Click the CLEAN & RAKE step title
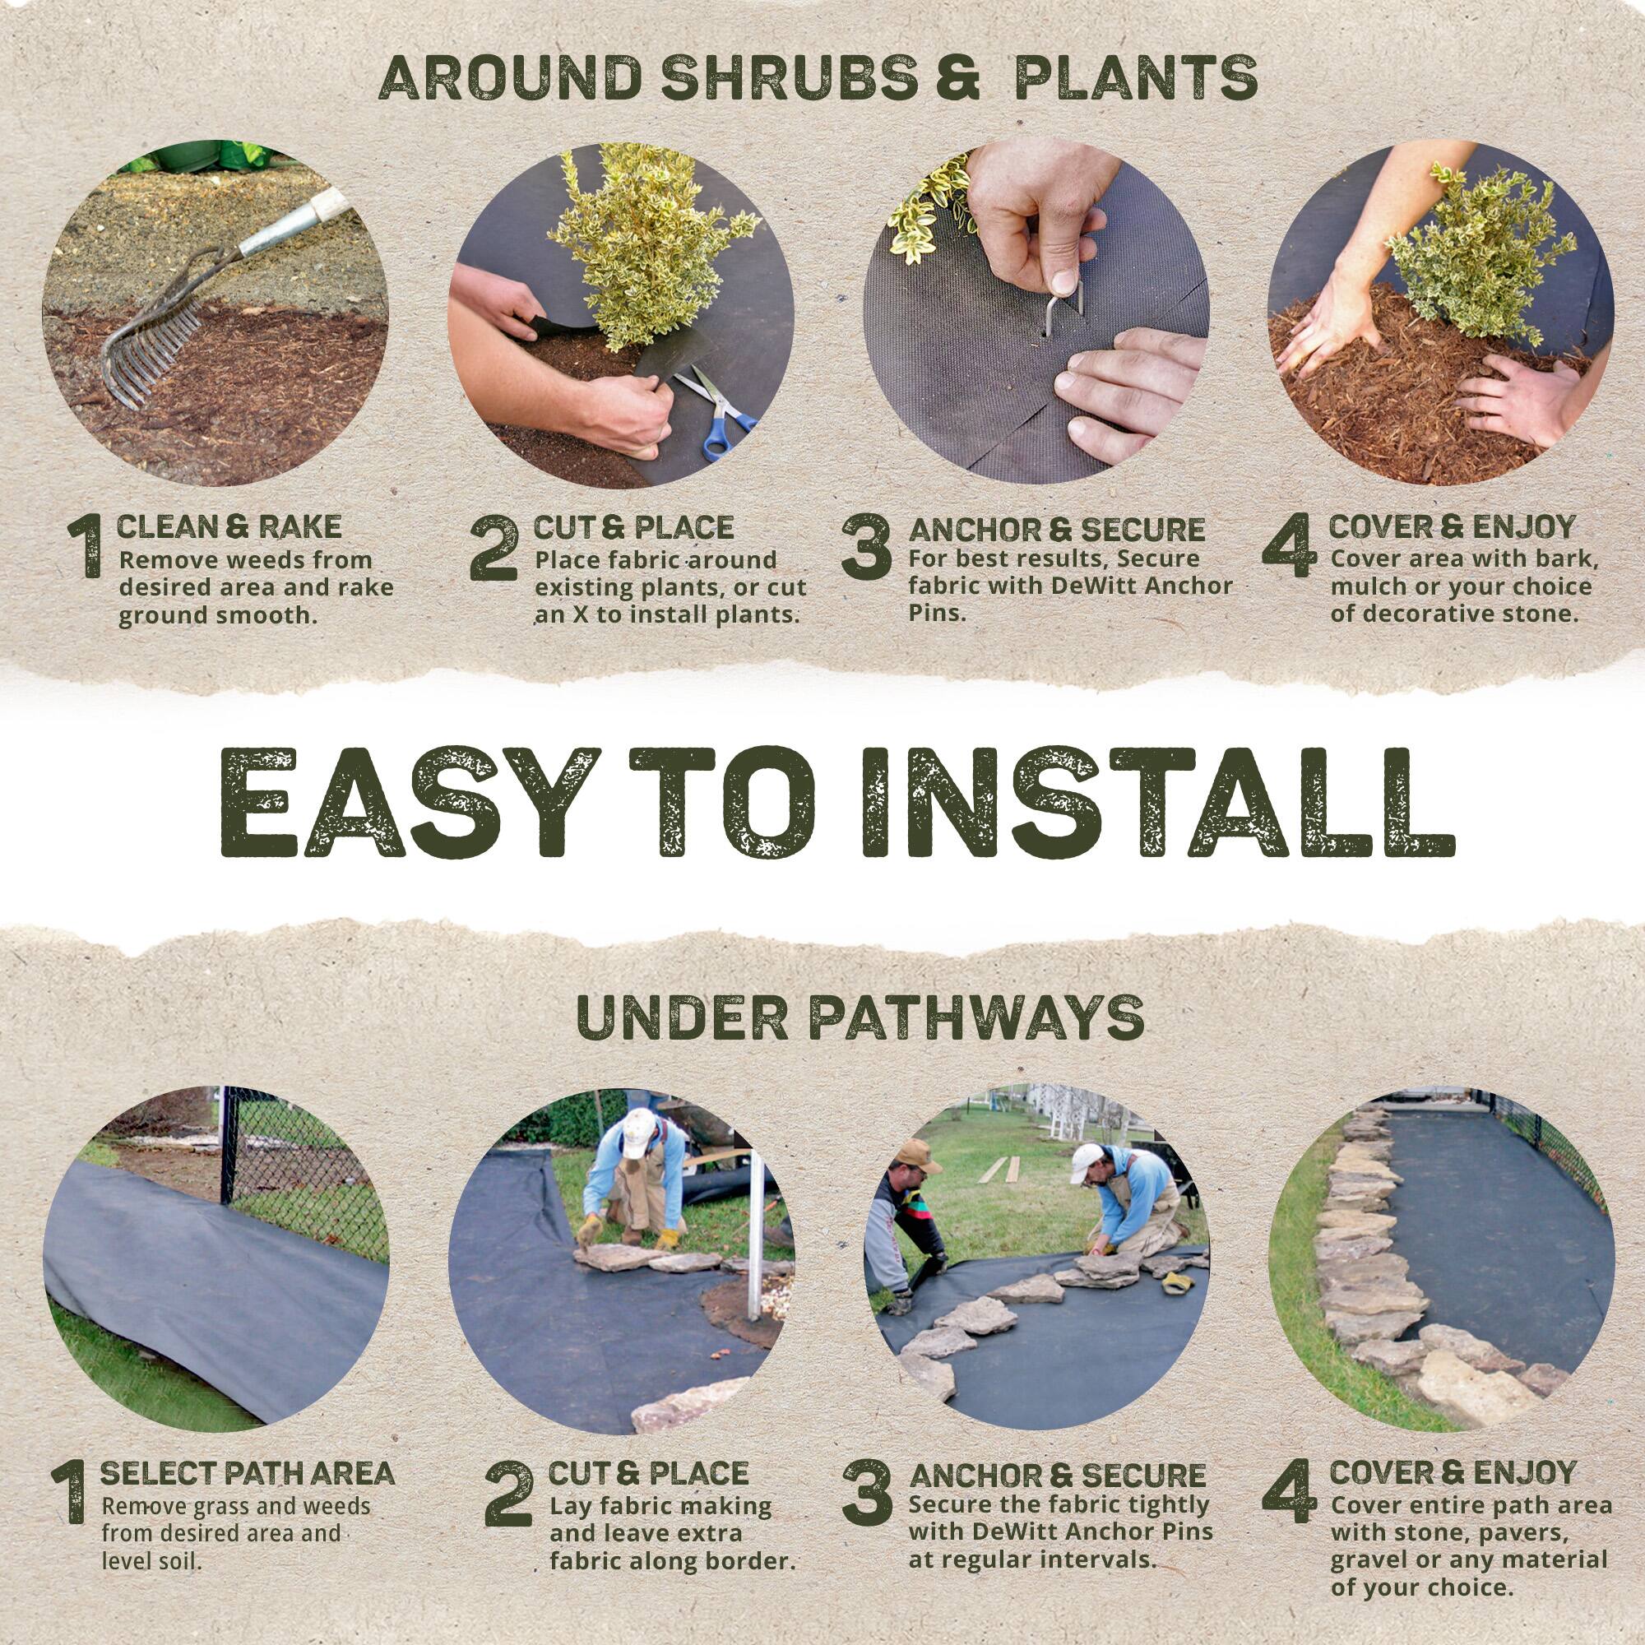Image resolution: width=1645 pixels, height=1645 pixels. coord(229,526)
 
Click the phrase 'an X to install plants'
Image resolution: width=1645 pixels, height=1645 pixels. coord(667,614)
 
